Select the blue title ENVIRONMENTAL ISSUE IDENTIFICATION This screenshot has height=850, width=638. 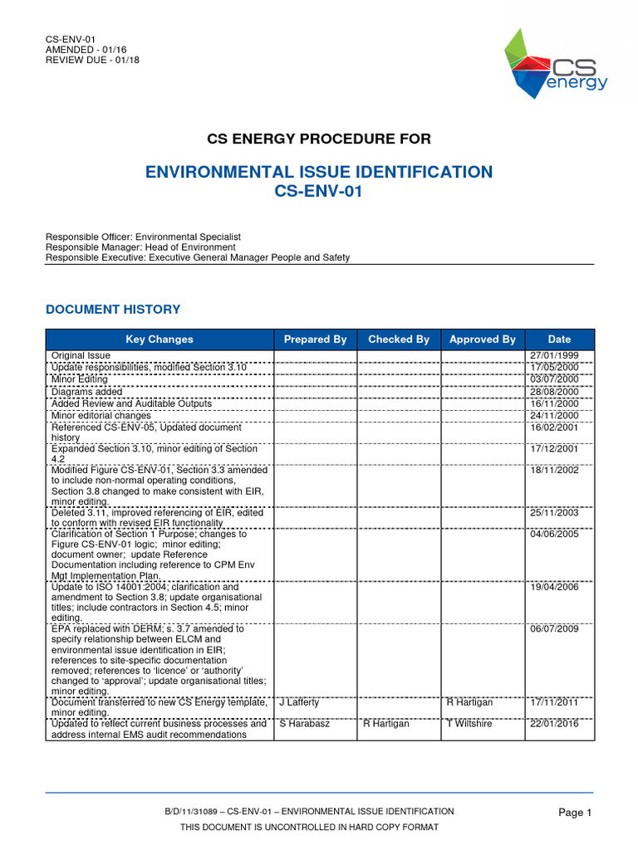click(319, 172)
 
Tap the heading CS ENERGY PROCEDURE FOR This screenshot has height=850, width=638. click(319, 138)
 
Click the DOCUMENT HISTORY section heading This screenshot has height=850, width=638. click(112, 310)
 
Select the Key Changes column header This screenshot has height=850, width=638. click(159, 340)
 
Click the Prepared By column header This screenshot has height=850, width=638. click(315, 340)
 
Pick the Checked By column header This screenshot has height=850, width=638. click(399, 340)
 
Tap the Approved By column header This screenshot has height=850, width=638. click(482, 340)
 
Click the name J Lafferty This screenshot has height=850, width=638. click(299, 702)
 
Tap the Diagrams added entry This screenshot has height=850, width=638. click(86, 392)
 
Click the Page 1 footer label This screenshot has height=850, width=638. click(575, 813)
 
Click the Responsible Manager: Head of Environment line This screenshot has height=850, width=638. click(140, 247)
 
